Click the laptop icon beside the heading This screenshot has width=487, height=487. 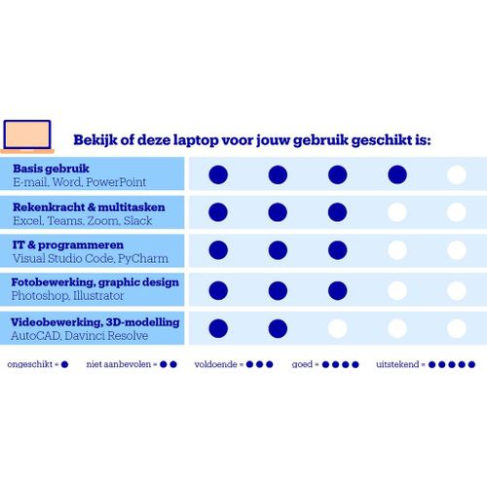tap(27, 136)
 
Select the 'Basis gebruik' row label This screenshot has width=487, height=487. tap(51, 169)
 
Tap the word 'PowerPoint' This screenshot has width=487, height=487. tap(116, 182)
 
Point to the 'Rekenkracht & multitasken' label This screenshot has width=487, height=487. tap(89, 206)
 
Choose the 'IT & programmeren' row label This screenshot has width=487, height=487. tap(68, 244)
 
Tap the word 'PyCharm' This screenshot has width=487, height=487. tap(143, 259)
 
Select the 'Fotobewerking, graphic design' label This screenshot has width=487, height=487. tap(94, 282)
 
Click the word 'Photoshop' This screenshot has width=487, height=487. tap(40, 296)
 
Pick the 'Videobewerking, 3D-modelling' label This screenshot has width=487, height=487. tap(94, 322)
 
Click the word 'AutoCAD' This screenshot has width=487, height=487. tap(36, 336)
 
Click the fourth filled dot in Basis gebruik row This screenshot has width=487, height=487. tap(397, 174)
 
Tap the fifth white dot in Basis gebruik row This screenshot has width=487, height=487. tap(457, 174)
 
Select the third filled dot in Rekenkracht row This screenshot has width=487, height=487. tap(337, 212)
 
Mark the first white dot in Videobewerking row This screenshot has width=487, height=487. tap(337, 328)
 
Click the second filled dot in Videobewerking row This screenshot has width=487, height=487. tap(278, 328)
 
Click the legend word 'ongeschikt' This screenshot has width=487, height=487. tap(30, 364)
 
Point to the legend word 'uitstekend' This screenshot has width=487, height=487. tap(397, 364)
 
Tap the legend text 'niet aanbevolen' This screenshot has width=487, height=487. tap(119, 364)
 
